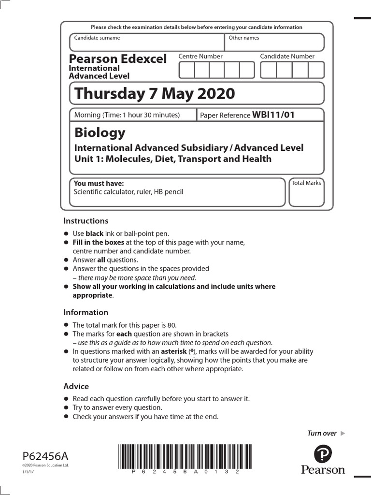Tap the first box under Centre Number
point(187,70)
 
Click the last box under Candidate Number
point(316,70)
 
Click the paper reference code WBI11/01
point(273,115)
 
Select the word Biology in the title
point(100,132)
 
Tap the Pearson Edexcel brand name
point(118,59)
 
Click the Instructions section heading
point(86,221)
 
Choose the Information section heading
point(86,312)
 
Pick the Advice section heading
point(76,386)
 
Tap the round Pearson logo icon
point(323,454)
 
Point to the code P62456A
point(46,456)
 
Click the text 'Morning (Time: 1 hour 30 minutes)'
point(127,115)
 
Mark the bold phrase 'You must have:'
point(99,183)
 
